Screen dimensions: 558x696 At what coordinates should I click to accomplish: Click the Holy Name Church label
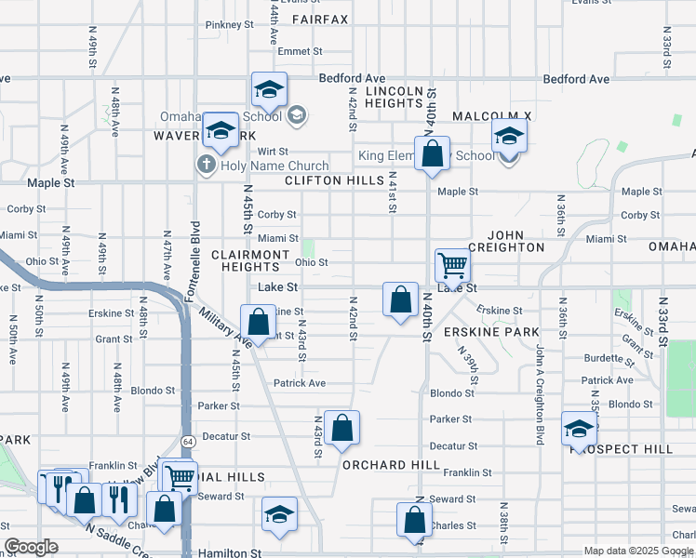[268, 165]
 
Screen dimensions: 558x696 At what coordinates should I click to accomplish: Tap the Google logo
[32, 547]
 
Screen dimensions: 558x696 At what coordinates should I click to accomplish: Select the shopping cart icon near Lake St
[452, 265]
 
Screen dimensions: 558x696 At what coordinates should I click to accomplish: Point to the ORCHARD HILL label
[390, 465]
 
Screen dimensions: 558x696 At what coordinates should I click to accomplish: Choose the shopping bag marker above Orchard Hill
[342, 429]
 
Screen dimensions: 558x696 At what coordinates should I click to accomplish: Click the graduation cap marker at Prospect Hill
[579, 430]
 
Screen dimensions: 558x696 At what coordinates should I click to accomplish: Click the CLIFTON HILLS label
[334, 180]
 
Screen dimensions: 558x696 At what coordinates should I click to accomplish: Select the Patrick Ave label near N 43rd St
[300, 383]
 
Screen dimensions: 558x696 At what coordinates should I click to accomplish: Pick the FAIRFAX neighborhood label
[320, 19]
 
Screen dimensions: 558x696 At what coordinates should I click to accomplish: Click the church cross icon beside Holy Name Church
[207, 165]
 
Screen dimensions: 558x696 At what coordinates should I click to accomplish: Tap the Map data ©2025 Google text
[639, 551]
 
